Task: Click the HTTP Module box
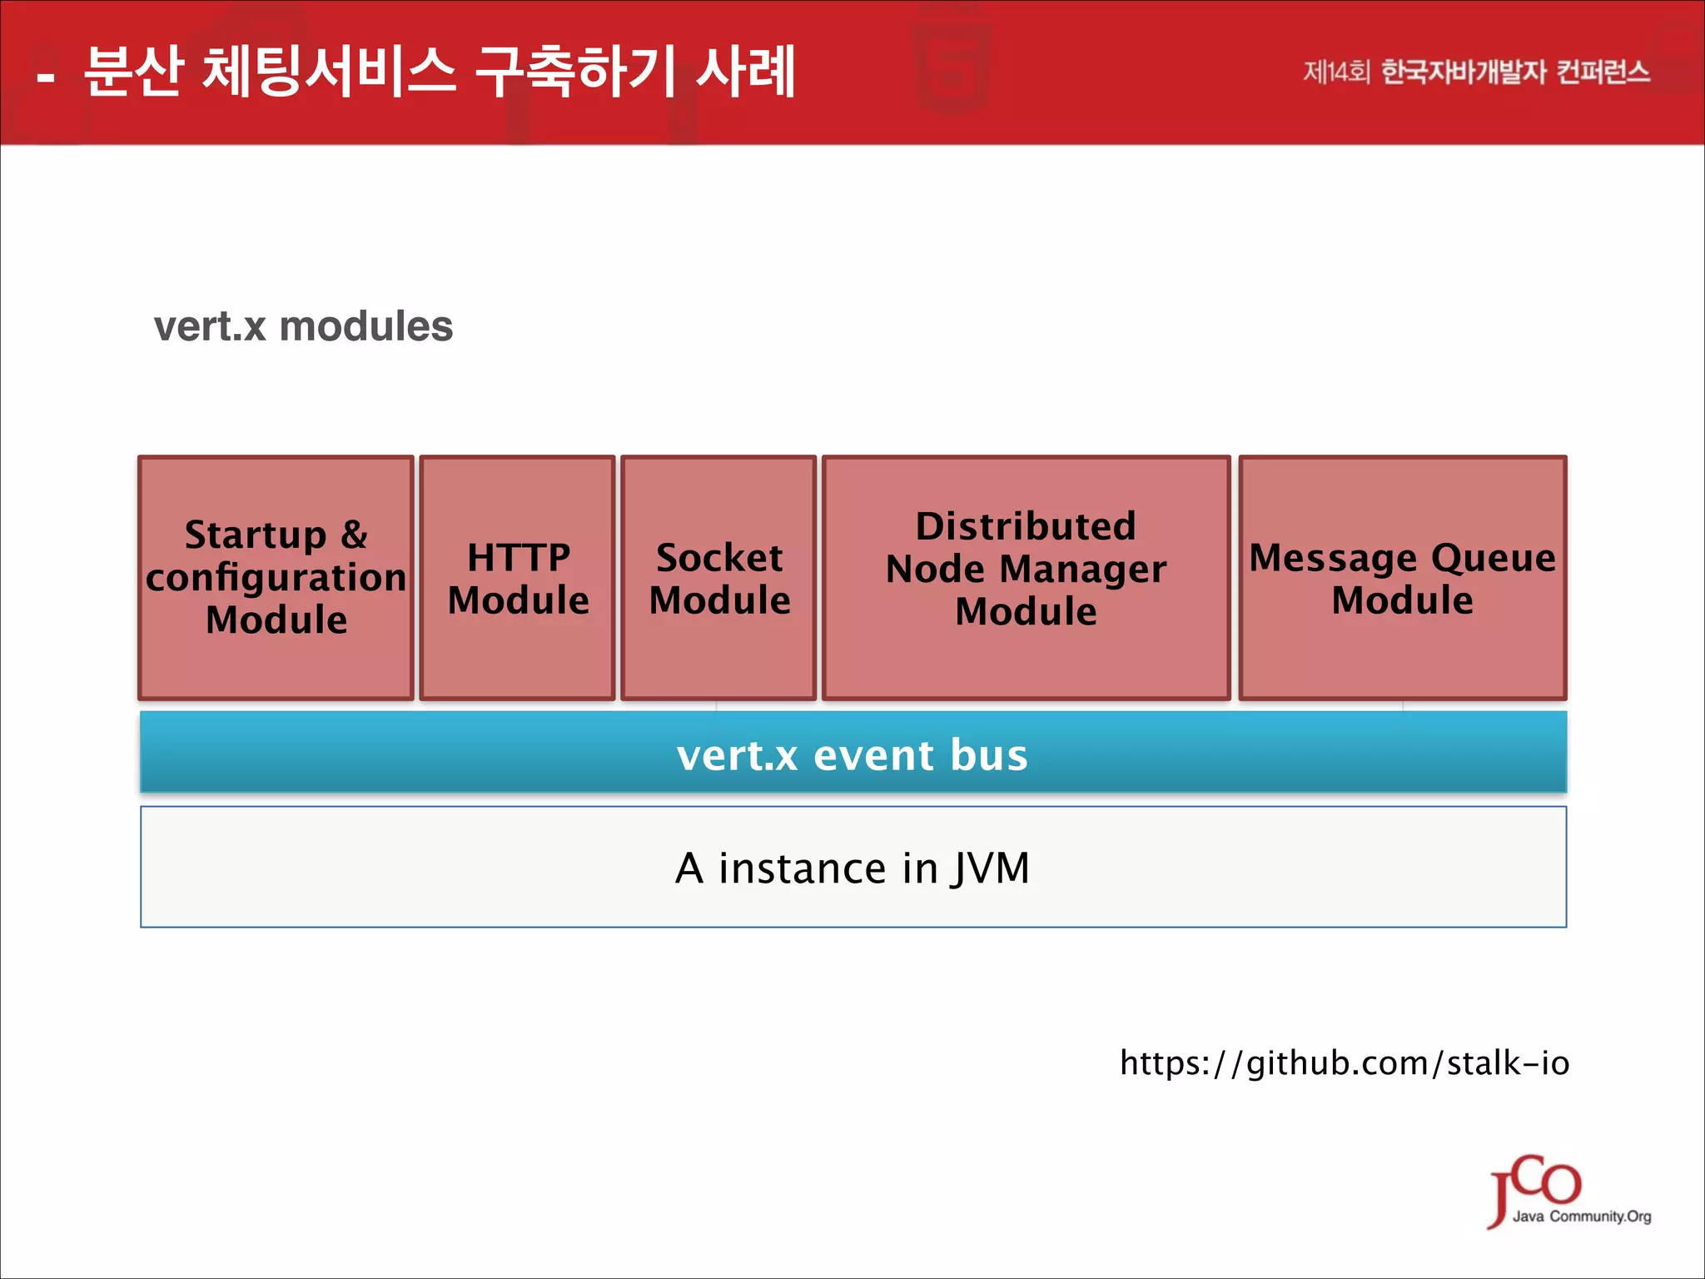coord(517,578)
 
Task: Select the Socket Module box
coord(718,578)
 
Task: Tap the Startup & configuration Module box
coord(276,578)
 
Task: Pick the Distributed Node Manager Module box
coord(1026,578)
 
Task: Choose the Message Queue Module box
coord(1403,578)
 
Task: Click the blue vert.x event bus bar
coord(852,752)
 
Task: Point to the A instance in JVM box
coord(852,867)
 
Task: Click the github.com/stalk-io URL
coord(1344,1063)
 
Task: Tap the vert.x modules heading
coord(303,326)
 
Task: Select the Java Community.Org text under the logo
coord(1582,1217)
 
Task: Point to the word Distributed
coord(1026,526)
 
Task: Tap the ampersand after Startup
coord(354,535)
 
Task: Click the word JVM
coord(991,868)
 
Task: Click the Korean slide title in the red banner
coord(440,72)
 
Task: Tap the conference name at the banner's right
coord(1476,72)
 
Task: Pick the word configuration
coord(276,578)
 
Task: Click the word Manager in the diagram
coord(1082,570)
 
